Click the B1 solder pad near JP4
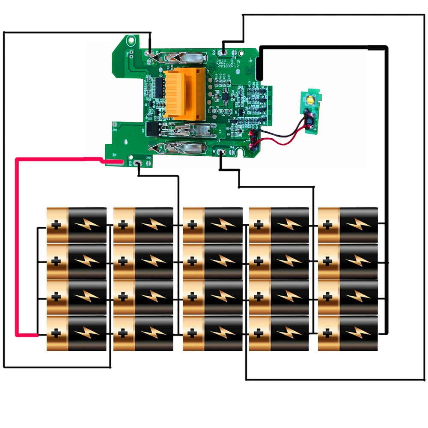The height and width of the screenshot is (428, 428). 222,152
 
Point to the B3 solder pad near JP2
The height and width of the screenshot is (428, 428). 138,163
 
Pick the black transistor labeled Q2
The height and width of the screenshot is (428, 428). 152,128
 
